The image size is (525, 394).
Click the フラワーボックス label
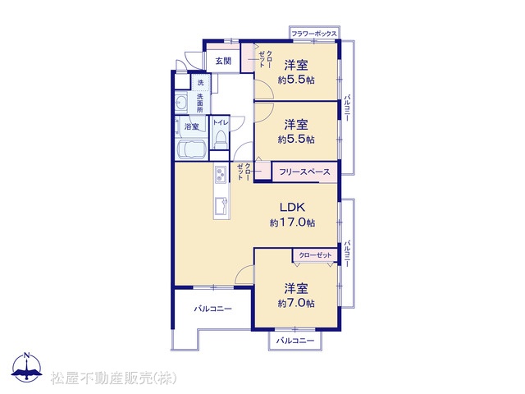tap(313, 34)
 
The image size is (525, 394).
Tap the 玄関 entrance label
tap(223, 61)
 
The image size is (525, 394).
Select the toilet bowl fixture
tap(220, 140)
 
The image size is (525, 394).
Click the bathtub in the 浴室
tap(190, 149)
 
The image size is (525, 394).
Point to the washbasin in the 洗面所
tap(181, 102)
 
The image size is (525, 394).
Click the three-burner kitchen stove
tap(221, 174)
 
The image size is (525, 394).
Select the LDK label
tap(292, 208)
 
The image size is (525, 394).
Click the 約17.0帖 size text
tap(292, 222)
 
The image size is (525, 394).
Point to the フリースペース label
tap(304, 172)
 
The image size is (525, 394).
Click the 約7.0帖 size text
tap(296, 303)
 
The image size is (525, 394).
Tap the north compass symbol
tap(27, 367)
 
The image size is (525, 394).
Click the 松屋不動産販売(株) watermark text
tap(113, 378)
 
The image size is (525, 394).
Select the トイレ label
tap(221, 122)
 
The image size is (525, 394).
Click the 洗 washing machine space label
tap(200, 82)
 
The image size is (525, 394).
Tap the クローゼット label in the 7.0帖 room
tap(315, 255)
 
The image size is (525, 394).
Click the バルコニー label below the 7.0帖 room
tap(295, 341)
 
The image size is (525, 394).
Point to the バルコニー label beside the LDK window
tap(347, 253)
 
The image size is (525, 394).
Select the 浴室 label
tap(191, 126)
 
